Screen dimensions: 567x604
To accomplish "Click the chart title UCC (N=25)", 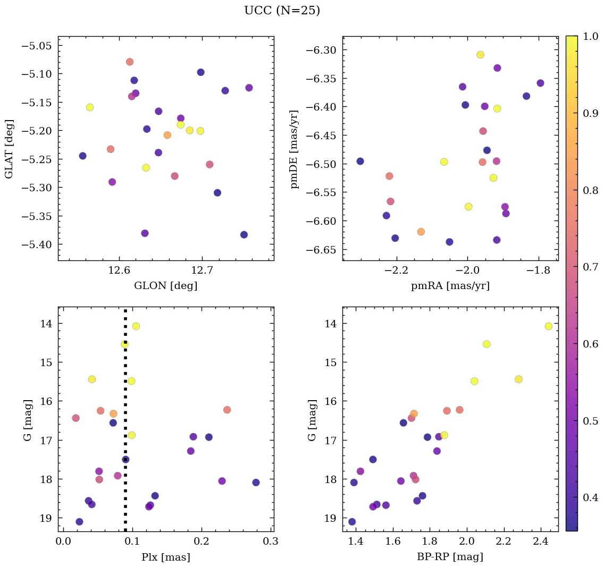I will tap(282, 11).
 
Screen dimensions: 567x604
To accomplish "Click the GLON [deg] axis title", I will tap(166, 286).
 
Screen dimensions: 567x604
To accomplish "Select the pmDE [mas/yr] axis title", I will tap(294, 149).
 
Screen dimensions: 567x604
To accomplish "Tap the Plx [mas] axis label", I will tap(166, 557).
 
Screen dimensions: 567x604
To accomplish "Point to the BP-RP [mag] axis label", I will tap(450, 557).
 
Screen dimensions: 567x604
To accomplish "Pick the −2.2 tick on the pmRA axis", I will tap(396, 270).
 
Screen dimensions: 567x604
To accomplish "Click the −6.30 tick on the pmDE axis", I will tap(323, 50).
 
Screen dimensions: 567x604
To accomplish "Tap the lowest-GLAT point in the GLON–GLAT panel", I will tap(244, 235).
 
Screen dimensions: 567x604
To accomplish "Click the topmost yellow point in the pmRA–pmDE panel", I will tap(481, 55).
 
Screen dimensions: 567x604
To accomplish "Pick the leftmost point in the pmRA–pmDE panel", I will tap(360, 161).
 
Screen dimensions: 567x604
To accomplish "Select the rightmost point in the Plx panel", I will tap(256, 483).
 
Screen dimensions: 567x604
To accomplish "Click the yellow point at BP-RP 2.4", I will tap(549, 326).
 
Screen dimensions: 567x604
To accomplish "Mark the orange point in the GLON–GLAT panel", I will tap(167, 135).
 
